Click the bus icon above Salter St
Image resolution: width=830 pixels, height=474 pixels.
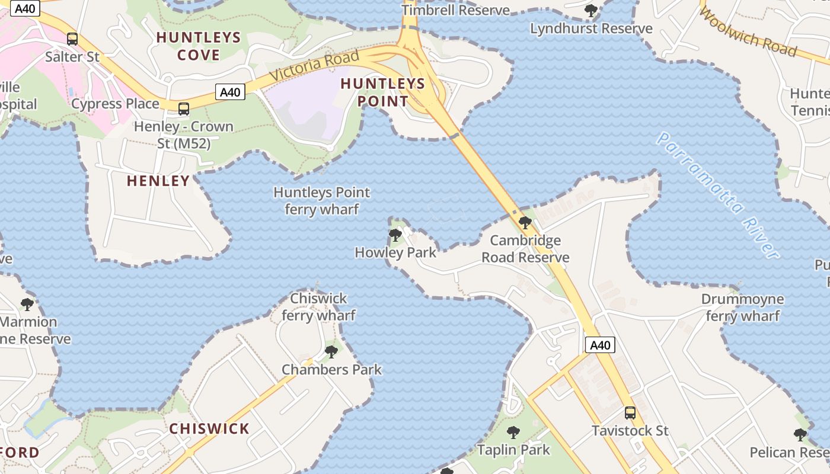[72, 39]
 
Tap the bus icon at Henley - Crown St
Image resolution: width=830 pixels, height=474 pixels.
[184, 109]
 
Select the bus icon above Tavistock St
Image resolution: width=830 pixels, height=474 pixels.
[630, 412]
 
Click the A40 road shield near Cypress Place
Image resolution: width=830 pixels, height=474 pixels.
[229, 92]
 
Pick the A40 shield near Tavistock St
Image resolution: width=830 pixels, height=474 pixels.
[600, 345]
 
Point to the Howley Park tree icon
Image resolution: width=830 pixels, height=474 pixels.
[395, 235]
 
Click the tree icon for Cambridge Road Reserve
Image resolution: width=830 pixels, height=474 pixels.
[525, 223]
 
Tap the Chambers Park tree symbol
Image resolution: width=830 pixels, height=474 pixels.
[331, 352]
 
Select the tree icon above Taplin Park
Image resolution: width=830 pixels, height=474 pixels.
[513, 432]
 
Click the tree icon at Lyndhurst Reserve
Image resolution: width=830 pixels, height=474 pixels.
[591, 10]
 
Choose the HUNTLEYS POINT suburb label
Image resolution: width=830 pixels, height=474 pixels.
[383, 92]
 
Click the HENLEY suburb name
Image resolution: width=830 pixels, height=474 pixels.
[158, 181]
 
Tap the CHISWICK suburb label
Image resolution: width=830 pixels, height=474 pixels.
[209, 428]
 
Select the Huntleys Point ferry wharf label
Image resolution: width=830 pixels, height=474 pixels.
[322, 201]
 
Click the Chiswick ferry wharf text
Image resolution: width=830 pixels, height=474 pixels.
[319, 306]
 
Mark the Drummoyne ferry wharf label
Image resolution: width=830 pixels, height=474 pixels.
[743, 308]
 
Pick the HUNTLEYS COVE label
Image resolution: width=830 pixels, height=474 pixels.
[199, 46]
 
